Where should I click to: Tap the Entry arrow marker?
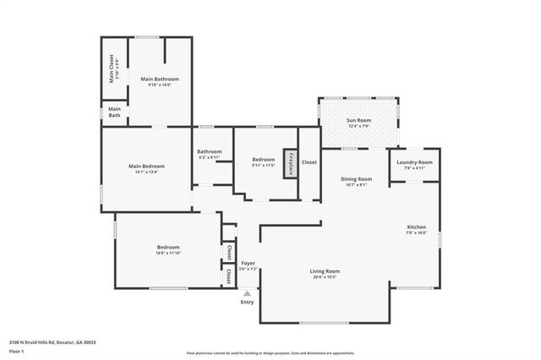[x=247, y=293]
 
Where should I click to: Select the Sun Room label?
[x=358, y=121]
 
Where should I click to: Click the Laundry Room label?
[x=414, y=162]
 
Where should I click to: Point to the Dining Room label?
[x=356, y=179]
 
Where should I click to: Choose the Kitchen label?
[x=417, y=227]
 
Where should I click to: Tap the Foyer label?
[x=249, y=263]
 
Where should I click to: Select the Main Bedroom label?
[x=146, y=166]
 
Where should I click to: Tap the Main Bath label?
[x=114, y=112]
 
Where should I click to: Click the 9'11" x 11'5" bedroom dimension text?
[x=264, y=166]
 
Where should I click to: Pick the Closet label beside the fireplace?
[x=309, y=161]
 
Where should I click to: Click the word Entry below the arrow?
[x=247, y=303]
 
